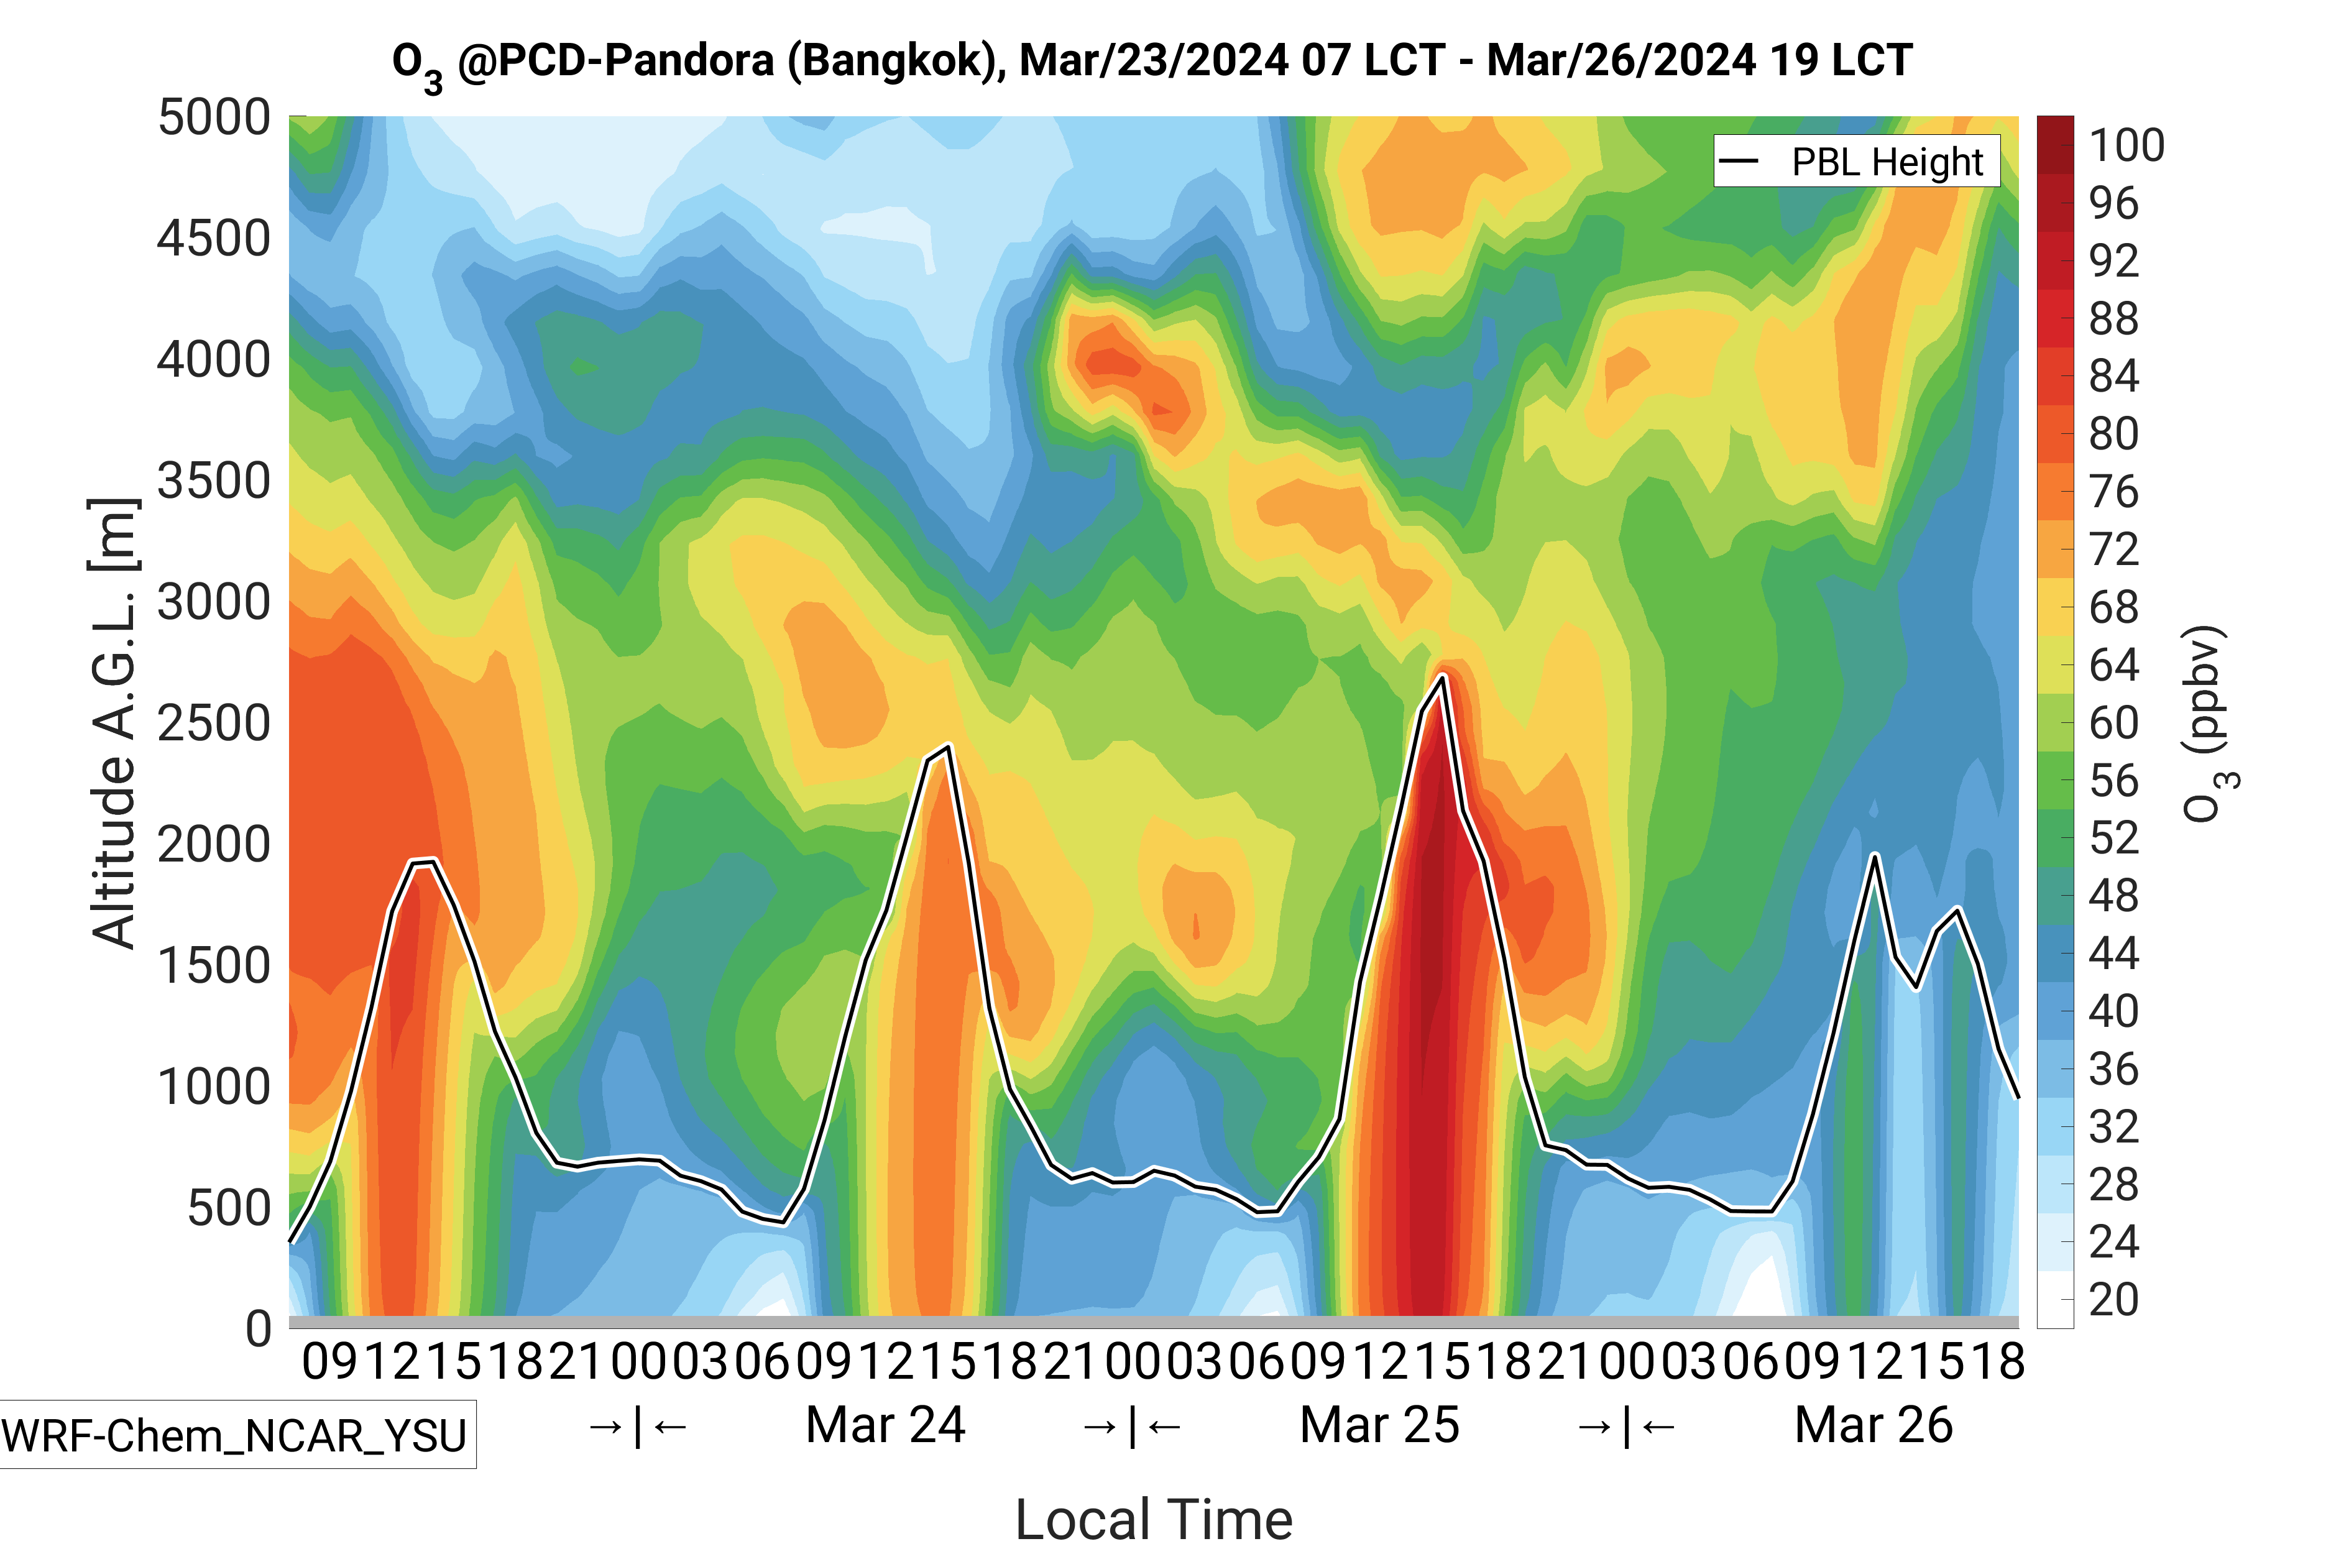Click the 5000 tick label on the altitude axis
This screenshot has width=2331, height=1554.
213,118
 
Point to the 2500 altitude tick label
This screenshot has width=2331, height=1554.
213,724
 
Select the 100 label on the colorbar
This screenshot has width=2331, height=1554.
2126,145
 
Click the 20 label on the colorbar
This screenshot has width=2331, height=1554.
2113,1299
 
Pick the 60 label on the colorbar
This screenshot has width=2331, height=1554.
2113,722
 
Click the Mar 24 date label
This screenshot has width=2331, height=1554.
885,1425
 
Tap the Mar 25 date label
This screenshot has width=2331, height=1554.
1379,1425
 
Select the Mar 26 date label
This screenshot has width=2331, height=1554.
1873,1425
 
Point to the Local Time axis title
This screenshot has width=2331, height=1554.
1154,1519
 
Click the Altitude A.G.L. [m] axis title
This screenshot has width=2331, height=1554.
113,724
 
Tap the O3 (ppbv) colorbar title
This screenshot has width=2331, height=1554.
2208,724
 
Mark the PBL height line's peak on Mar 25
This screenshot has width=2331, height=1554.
1443,676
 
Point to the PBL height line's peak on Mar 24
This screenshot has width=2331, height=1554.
949,747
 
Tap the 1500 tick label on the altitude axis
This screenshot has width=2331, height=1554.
213,967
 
